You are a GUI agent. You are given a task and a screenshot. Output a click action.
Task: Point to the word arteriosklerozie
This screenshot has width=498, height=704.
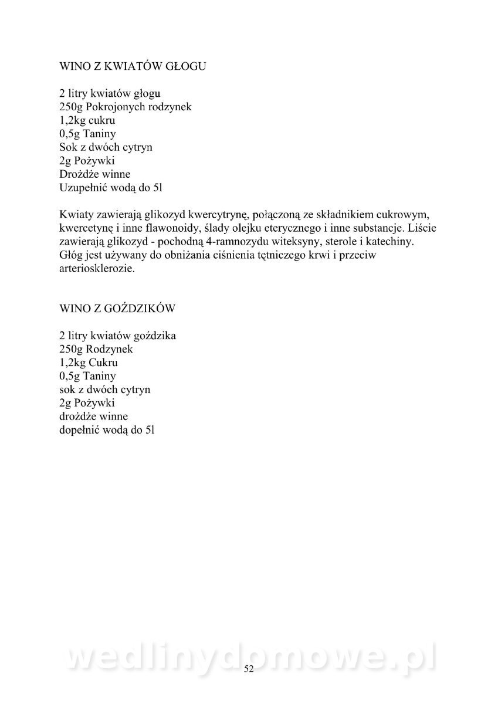pyautogui.click(x=97, y=269)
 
